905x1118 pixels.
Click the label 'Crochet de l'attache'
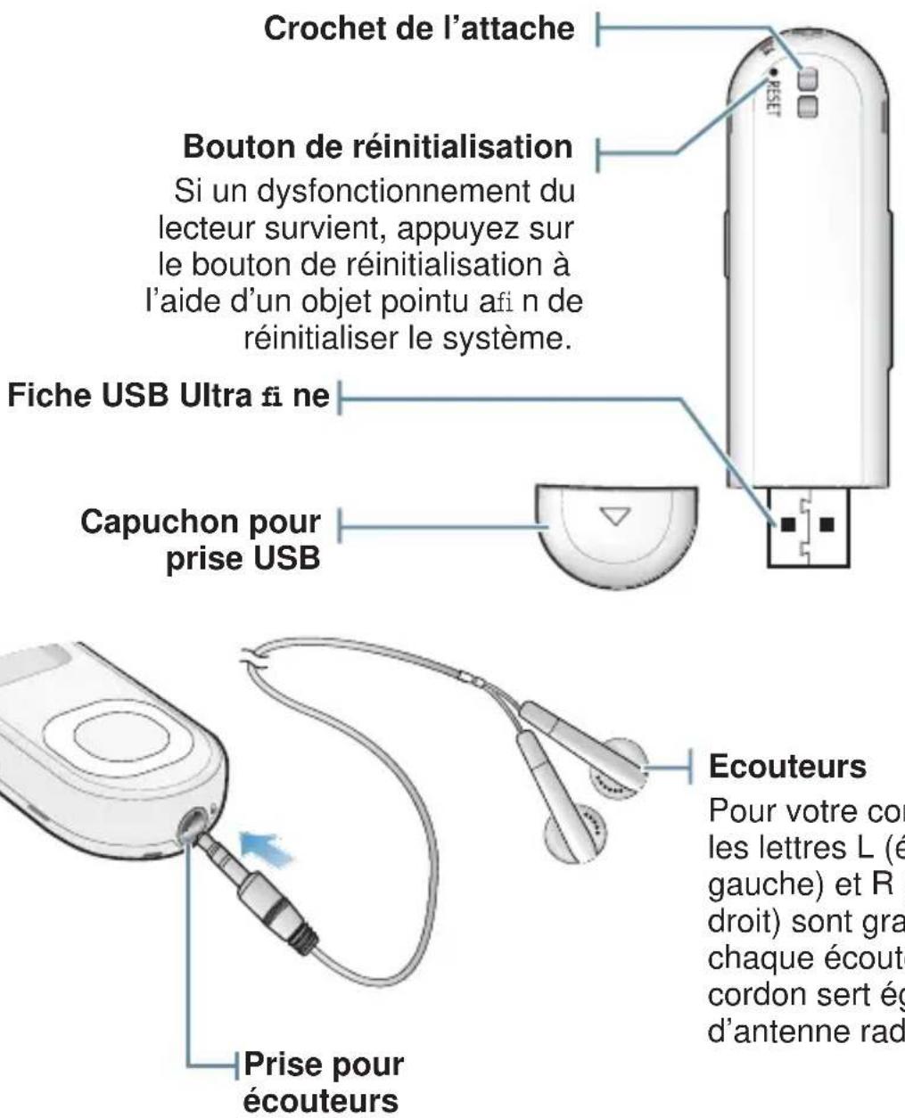coord(419,29)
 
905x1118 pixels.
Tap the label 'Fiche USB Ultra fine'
coord(169,396)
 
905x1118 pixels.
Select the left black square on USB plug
coord(789,523)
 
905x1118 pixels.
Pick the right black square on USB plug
coord(828,523)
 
